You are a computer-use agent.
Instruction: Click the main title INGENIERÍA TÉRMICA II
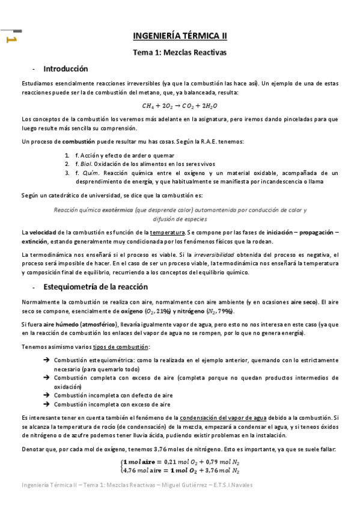180,36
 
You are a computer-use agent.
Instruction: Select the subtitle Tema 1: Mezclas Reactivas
180,52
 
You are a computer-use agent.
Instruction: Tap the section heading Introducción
66,69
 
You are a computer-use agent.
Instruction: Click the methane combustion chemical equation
180,105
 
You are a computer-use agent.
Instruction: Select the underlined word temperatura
168,232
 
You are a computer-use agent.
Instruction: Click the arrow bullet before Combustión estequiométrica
46,360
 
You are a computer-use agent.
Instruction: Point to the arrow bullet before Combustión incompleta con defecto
46,396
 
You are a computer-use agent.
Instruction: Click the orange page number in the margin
11,40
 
